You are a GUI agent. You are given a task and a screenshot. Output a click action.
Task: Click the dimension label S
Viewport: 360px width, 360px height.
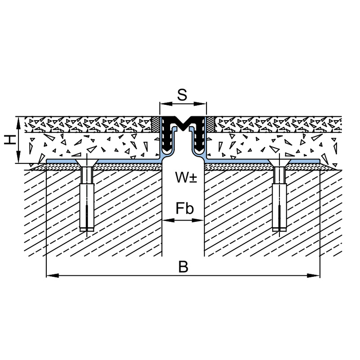[x=182, y=95]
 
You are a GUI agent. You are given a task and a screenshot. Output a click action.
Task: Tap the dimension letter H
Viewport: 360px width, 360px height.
[x=10, y=140]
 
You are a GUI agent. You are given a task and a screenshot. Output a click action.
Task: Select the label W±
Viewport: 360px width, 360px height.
[x=186, y=177]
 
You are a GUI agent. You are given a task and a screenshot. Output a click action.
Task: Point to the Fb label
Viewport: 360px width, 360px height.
[x=184, y=208]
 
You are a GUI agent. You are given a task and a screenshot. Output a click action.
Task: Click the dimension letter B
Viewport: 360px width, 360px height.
[x=183, y=267]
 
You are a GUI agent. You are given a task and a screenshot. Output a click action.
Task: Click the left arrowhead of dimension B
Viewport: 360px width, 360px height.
[x=52, y=275]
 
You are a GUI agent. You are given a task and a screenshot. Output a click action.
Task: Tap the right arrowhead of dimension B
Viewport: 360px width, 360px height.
[x=314, y=275]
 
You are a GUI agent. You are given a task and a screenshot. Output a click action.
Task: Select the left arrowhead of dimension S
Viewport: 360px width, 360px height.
[x=166, y=104]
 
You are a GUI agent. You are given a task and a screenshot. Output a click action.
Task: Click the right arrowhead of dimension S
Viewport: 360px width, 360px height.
[x=200, y=104]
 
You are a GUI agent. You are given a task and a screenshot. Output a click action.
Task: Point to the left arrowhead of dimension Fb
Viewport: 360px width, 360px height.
[x=168, y=220]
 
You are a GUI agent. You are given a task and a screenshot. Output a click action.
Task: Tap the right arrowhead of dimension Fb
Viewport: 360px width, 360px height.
[x=198, y=220]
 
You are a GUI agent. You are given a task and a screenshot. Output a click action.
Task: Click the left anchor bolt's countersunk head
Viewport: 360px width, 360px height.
[x=87, y=163]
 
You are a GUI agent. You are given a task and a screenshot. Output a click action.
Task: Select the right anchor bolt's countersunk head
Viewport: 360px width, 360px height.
[x=279, y=163]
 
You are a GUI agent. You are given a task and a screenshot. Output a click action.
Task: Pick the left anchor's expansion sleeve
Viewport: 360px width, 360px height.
[x=87, y=207]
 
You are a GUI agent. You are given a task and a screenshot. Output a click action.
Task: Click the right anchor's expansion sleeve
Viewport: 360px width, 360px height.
[x=279, y=207]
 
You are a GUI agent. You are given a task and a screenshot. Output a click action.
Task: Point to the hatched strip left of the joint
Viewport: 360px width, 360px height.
[x=156, y=124]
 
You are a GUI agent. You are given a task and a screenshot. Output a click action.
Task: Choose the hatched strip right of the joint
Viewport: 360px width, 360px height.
[x=211, y=124]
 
